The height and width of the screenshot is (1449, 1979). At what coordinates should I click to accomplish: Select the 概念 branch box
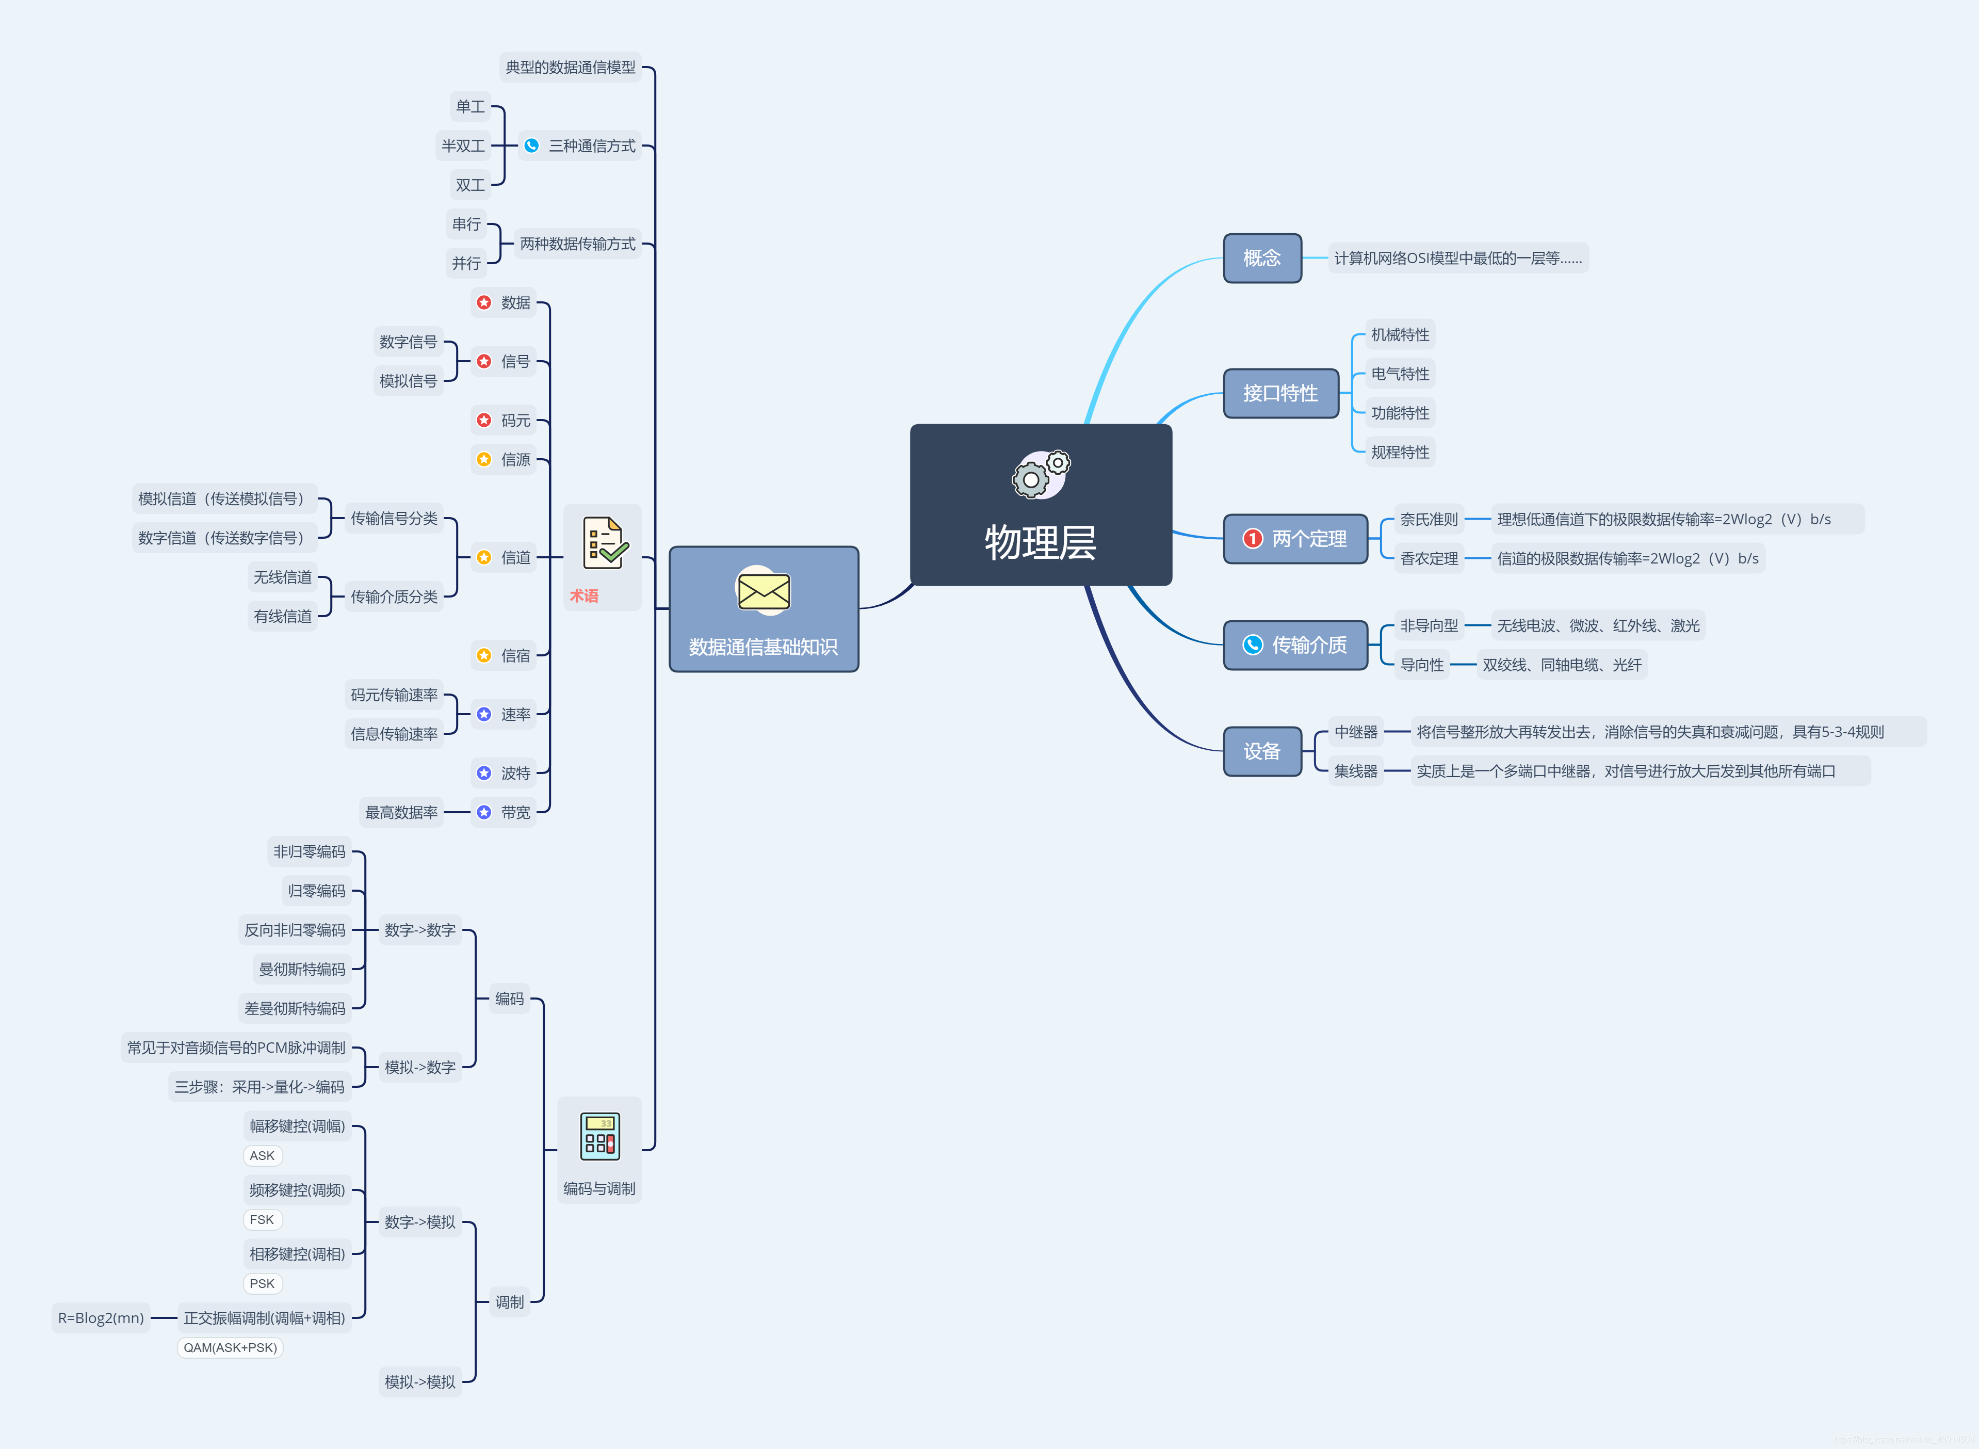click(x=1262, y=258)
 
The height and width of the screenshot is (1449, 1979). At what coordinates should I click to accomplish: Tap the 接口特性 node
click(x=1280, y=393)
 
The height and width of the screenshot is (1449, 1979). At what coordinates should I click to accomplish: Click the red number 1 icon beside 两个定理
click(x=1252, y=539)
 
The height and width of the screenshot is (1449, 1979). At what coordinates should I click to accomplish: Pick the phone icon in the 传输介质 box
click(x=1252, y=645)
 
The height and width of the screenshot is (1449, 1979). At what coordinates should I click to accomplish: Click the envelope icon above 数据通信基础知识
click(x=764, y=591)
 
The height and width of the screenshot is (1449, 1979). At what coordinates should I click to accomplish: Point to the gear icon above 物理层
click(x=1041, y=475)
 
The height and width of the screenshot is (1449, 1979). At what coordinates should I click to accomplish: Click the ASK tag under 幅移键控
click(x=262, y=1156)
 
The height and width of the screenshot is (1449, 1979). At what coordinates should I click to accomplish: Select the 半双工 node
click(x=463, y=146)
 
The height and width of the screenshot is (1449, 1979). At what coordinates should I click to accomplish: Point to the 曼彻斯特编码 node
click(x=302, y=969)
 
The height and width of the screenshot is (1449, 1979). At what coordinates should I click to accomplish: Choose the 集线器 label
click(x=1356, y=771)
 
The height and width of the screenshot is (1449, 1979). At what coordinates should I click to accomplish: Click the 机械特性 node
click(x=1400, y=335)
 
